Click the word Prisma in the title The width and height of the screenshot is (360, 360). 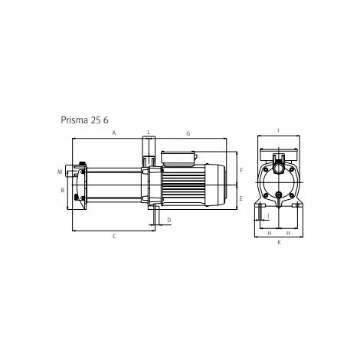76,119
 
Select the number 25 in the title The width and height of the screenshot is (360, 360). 100,119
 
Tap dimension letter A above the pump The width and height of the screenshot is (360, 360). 113,133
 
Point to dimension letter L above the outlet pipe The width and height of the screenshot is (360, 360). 149,133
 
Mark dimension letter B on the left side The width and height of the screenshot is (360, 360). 61,189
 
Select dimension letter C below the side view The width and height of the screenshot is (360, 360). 113,236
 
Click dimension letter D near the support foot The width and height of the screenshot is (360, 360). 169,220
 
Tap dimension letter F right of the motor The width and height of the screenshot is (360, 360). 241,169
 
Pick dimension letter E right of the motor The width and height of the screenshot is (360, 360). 241,198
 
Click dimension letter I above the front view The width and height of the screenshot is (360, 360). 278,130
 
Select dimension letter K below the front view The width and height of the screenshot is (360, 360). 279,242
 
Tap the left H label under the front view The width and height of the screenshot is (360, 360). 270,232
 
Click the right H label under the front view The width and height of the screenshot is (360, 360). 287,232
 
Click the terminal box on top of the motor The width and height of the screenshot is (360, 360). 179,156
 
